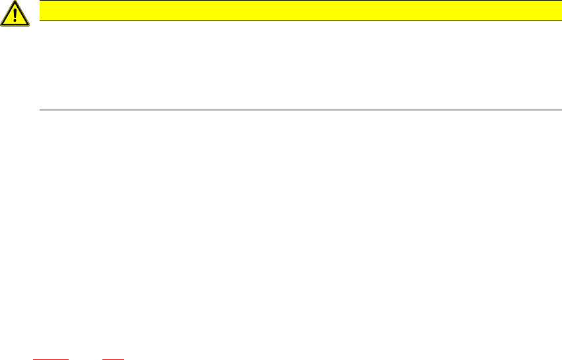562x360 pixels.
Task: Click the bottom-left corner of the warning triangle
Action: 2,25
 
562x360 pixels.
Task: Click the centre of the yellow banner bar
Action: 300,11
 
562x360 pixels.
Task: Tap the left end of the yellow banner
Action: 42,11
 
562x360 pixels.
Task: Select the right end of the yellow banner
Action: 559,11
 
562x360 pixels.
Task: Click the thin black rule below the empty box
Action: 300,110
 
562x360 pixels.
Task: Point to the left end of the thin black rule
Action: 41,110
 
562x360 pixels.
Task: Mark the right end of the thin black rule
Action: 560,110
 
